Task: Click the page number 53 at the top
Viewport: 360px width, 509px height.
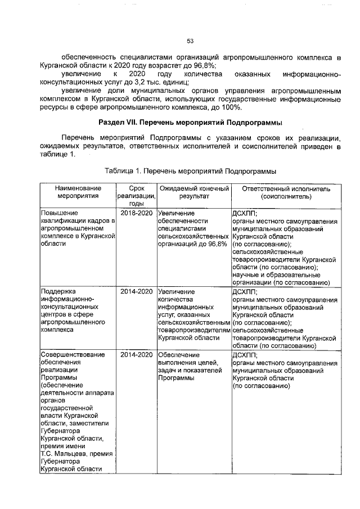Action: pos(190,40)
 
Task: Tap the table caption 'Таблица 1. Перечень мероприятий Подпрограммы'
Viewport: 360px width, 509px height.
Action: pos(190,170)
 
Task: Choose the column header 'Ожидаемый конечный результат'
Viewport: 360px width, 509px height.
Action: pos(193,192)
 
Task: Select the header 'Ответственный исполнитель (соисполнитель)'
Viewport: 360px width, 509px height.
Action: pos(286,192)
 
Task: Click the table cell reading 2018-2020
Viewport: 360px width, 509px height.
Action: pos(137,214)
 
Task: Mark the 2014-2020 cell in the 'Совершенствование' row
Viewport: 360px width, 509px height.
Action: pos(137,354)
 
